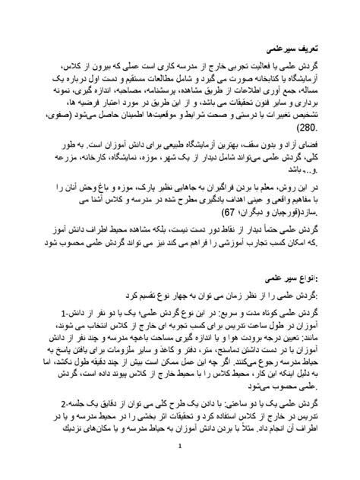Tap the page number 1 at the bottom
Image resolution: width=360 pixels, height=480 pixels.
pyautogui.click(x=180, y=457)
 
